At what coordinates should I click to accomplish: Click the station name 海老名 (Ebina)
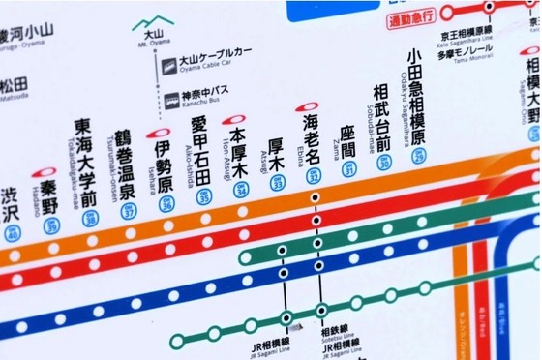click(x=311, y=136)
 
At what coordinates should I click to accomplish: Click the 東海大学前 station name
click(x=87, y=163)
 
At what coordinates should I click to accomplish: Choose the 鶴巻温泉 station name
click(x=124, y=165)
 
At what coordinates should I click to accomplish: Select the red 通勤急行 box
click(x=410, y=18)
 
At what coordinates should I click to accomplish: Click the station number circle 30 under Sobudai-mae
click(x=384, y=164)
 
